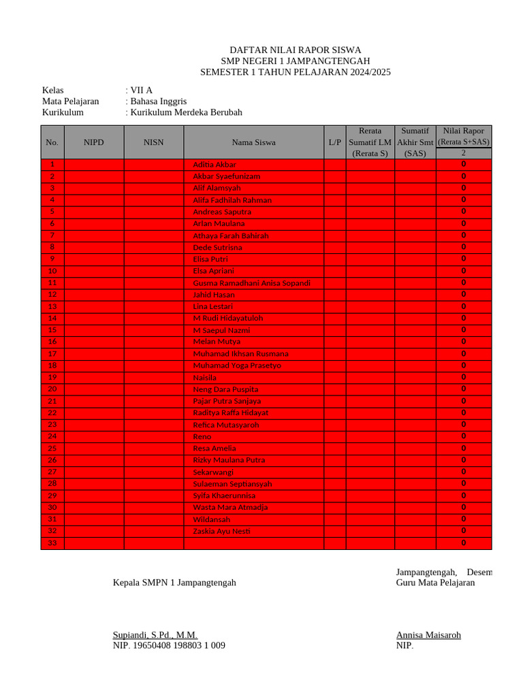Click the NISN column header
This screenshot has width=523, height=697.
click(x=154, y=142)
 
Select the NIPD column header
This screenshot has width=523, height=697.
click(x=94, y=142)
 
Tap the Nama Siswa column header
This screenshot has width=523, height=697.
click(x=253, y=142)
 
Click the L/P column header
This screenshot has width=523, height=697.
click(x=334, y=142)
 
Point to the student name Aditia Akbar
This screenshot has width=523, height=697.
click(x=215, y=165)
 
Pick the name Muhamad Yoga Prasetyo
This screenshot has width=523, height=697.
click(x=236, y=366)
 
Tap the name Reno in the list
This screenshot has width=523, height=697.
click(x=202, y=436)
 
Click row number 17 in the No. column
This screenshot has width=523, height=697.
click(x=52, y=354)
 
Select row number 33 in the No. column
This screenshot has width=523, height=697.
click(x=52, y=543)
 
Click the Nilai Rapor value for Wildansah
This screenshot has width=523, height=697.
click(x=464, y=519)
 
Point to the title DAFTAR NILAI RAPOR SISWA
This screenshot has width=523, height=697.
click(x=296, y=50)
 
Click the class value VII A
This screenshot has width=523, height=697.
click(x=141, y=90)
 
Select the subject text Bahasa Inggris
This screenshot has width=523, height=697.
click(x=158, y=101)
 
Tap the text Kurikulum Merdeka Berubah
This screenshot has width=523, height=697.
click(x=186, y=113)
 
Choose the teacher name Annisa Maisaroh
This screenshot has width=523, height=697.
click(x=428, y=635)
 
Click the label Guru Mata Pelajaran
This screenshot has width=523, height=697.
click(x=435, y=583)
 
